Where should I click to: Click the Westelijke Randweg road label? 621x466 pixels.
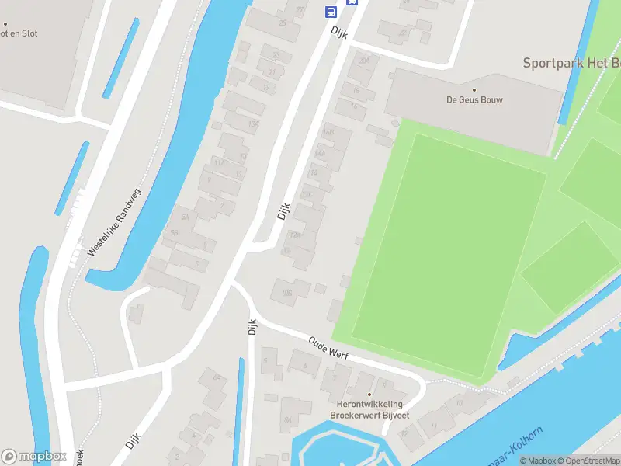point(113,223)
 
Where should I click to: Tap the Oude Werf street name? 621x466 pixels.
point(329,348)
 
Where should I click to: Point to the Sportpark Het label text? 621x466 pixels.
point(571,63)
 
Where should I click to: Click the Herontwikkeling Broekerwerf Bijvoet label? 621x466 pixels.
point(369,410)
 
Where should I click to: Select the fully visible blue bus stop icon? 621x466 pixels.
point(331,12)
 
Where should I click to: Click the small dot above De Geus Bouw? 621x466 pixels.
point(474,89)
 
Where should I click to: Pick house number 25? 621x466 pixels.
point(283,23)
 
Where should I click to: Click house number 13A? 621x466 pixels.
point(252,124)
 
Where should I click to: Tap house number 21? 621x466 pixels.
point(272,72)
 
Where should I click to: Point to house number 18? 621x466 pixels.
point(356,91)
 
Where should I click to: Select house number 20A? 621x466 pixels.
point(364,61)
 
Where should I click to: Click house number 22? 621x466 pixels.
point(402,33)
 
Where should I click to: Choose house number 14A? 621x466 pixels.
point(319,154)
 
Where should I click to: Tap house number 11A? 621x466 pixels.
point(220,162)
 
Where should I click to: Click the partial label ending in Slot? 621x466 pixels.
point(19,33)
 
